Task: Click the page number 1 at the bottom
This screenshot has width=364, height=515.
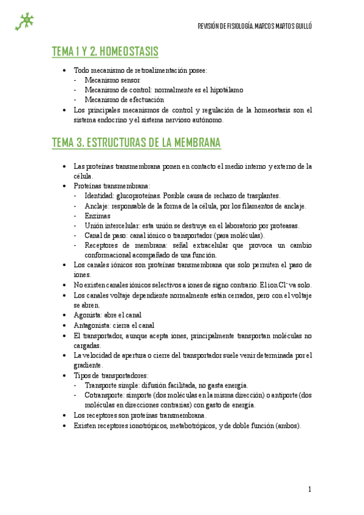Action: [309, 489]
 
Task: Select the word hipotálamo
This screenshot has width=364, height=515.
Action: [225, 90]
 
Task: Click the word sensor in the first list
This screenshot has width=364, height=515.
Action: [130, 80]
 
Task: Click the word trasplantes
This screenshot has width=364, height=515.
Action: [261, 196]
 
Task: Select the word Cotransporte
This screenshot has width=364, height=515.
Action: [105, 395]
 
